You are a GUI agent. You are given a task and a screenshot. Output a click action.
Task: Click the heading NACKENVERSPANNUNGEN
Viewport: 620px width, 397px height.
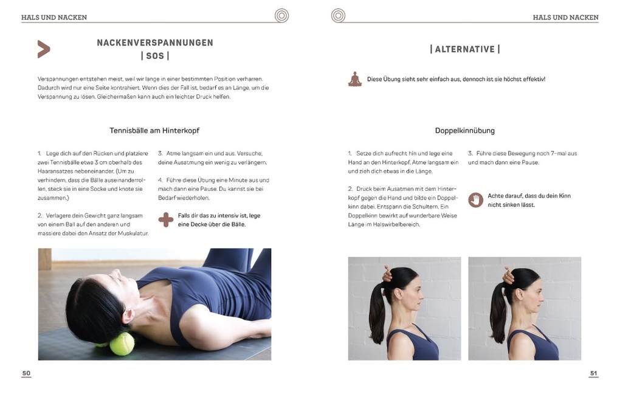(155, 43)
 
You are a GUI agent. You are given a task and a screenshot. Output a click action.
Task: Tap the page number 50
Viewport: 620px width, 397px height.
(26, 373)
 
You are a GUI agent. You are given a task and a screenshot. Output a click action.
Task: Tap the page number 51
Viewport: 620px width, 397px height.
(593, 373)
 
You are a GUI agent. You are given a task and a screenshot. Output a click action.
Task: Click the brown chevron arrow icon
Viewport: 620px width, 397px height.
(43, 49)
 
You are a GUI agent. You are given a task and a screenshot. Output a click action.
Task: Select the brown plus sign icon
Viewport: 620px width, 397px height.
(165, 219)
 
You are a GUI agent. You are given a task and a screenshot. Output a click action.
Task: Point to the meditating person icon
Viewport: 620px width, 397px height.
(355, 79)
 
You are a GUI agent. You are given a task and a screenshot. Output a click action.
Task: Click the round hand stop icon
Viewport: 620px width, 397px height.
(476, 200)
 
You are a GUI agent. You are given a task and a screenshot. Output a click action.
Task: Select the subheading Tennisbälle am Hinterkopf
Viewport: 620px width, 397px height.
(154, 131)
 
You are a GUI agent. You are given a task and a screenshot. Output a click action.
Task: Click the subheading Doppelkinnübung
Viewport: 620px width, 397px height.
(464, 131)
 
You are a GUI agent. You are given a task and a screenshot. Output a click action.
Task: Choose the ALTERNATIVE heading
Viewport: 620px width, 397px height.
(464, 49)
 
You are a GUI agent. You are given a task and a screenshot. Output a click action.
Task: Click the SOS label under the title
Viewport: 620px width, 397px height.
(155, 56)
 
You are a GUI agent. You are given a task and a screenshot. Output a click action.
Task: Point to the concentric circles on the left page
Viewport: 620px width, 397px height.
(281, 16)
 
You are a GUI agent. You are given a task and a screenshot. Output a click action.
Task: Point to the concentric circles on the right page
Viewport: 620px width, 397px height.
(338, 16)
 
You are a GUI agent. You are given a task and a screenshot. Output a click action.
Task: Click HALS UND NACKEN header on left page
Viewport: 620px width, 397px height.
(53, 18)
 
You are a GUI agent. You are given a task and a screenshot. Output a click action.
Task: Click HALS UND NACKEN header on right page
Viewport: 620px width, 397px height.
(565, 18)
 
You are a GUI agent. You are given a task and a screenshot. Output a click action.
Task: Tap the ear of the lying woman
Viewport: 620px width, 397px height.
(128, 316)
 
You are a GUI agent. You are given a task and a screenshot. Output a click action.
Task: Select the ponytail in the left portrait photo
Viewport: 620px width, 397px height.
(377, 316)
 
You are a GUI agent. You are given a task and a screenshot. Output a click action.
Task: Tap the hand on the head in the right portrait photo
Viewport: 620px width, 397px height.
(508, 277)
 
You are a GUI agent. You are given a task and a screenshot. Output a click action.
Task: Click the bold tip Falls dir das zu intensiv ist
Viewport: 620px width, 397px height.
(219, 220)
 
